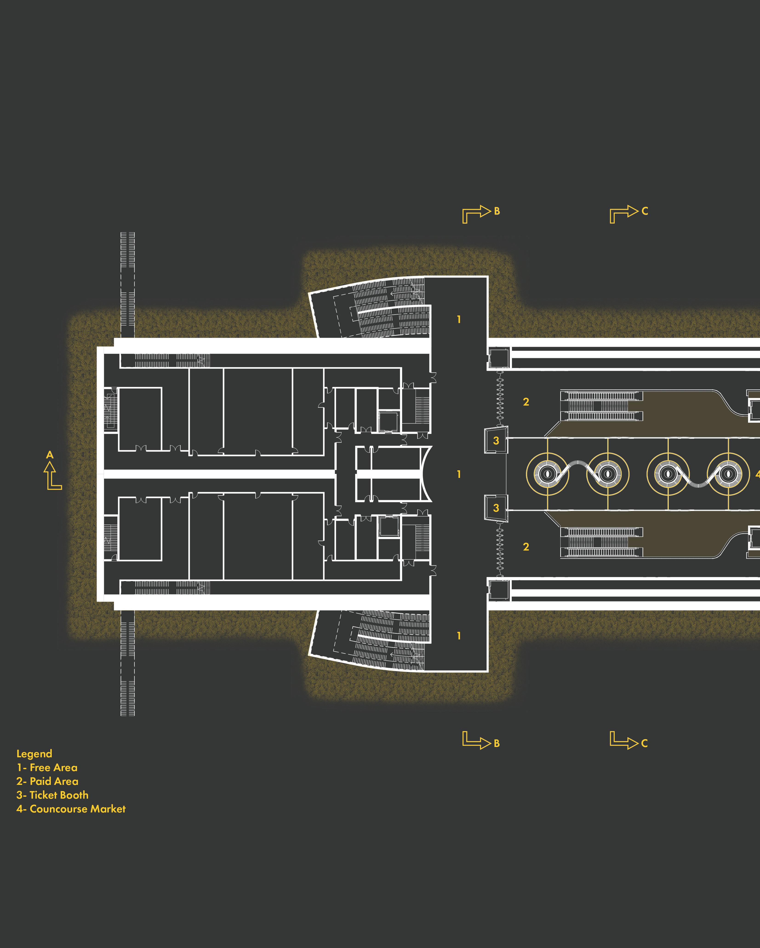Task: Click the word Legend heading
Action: point(34,754)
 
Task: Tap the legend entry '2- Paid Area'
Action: point(48,781)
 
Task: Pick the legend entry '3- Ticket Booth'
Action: point(52,795)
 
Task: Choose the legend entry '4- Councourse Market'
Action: point(71,809)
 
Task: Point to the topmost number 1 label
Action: point(459,320)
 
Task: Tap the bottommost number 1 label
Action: point(459,636)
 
